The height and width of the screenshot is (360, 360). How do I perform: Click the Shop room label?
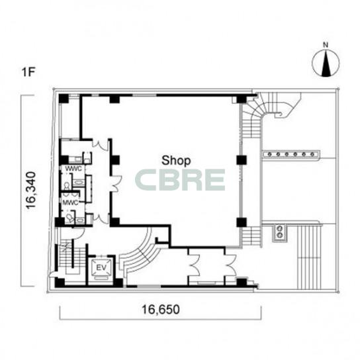(x=176, y=161)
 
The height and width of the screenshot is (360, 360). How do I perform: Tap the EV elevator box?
(x=101, y=268)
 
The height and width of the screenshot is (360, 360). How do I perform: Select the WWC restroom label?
(x=73, y=169)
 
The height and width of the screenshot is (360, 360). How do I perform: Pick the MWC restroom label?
(x=70, y=202)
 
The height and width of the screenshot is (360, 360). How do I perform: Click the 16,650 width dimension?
(x=161, y=309)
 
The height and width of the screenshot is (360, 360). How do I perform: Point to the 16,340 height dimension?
(x=31, y=190)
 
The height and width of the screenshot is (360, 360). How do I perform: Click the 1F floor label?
(x=28, y=72)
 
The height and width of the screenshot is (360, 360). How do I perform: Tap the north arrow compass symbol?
(x=326, y=63)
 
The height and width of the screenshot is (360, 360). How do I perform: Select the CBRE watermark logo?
(x=180, y=180)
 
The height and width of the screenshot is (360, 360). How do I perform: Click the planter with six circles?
(x=291, y=154)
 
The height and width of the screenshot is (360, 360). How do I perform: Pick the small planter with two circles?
(x=280, y=232)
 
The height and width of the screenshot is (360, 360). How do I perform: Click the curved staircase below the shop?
(x=140, y=253)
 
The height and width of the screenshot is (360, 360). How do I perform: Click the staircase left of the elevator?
(x=71, y=257)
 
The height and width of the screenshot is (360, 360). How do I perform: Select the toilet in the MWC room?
(x=69, y=217)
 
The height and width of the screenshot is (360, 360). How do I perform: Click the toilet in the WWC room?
(x=67, y=185)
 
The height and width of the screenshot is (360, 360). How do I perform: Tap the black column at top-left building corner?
(x=64, y=99)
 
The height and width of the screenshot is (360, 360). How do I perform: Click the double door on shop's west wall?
(x=116, y=184)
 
